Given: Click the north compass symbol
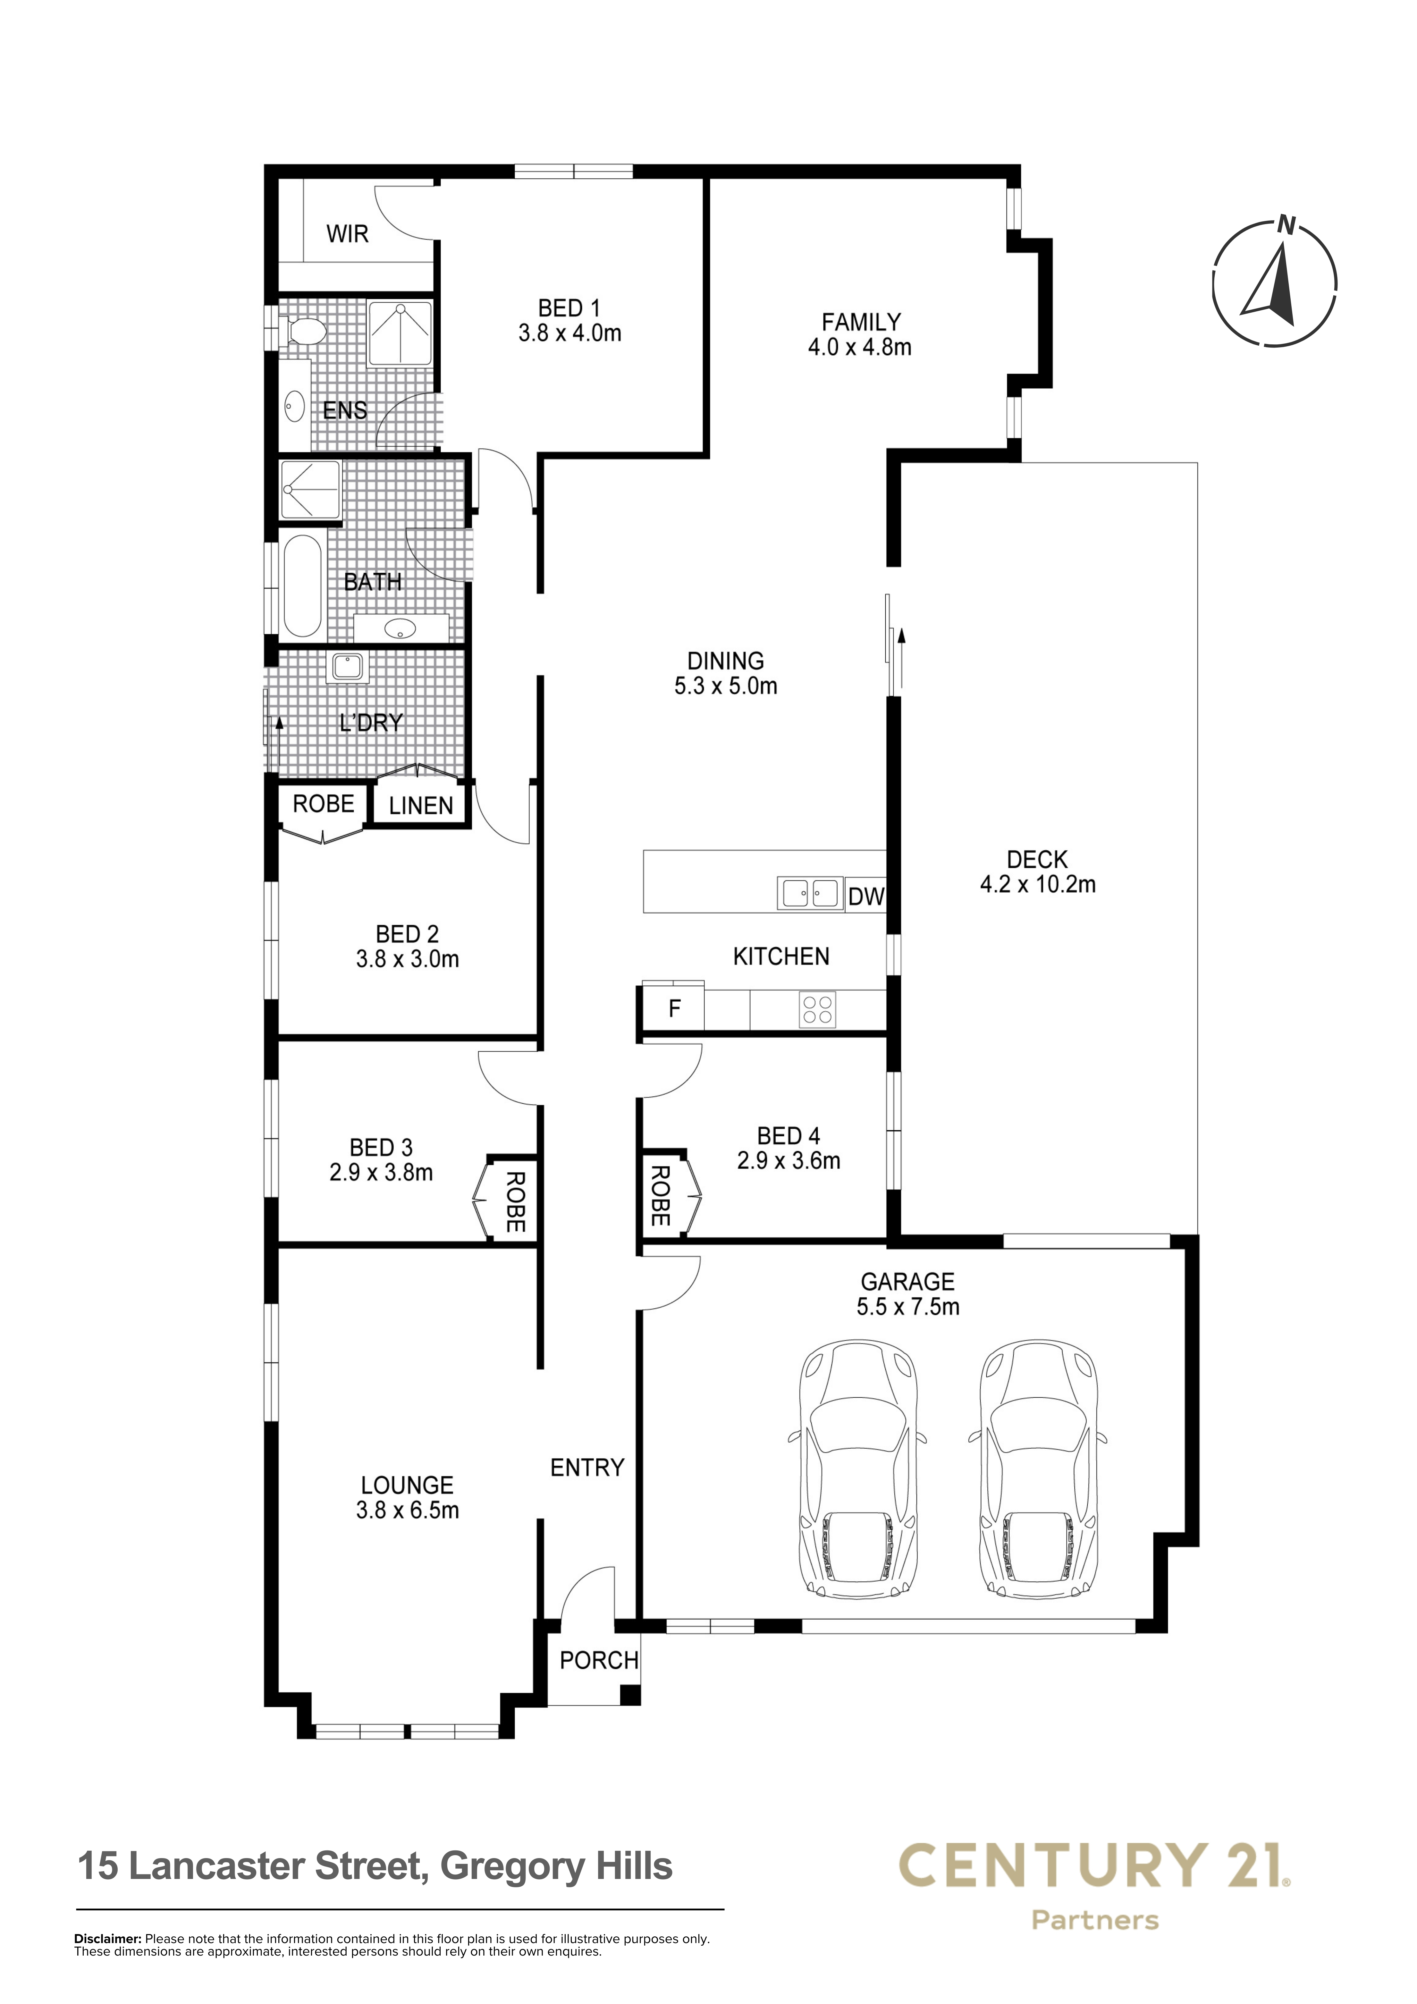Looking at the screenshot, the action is [x=1275, y=281].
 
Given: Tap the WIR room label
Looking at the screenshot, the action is [x=348, y=234].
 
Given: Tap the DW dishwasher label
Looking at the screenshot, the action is [x=866, y=897].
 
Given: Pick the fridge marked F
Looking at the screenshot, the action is [x=673, y=1009].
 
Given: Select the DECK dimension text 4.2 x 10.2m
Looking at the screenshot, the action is [x=1037, y=884].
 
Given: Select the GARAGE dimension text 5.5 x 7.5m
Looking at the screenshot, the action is [x=908, y=1307].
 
